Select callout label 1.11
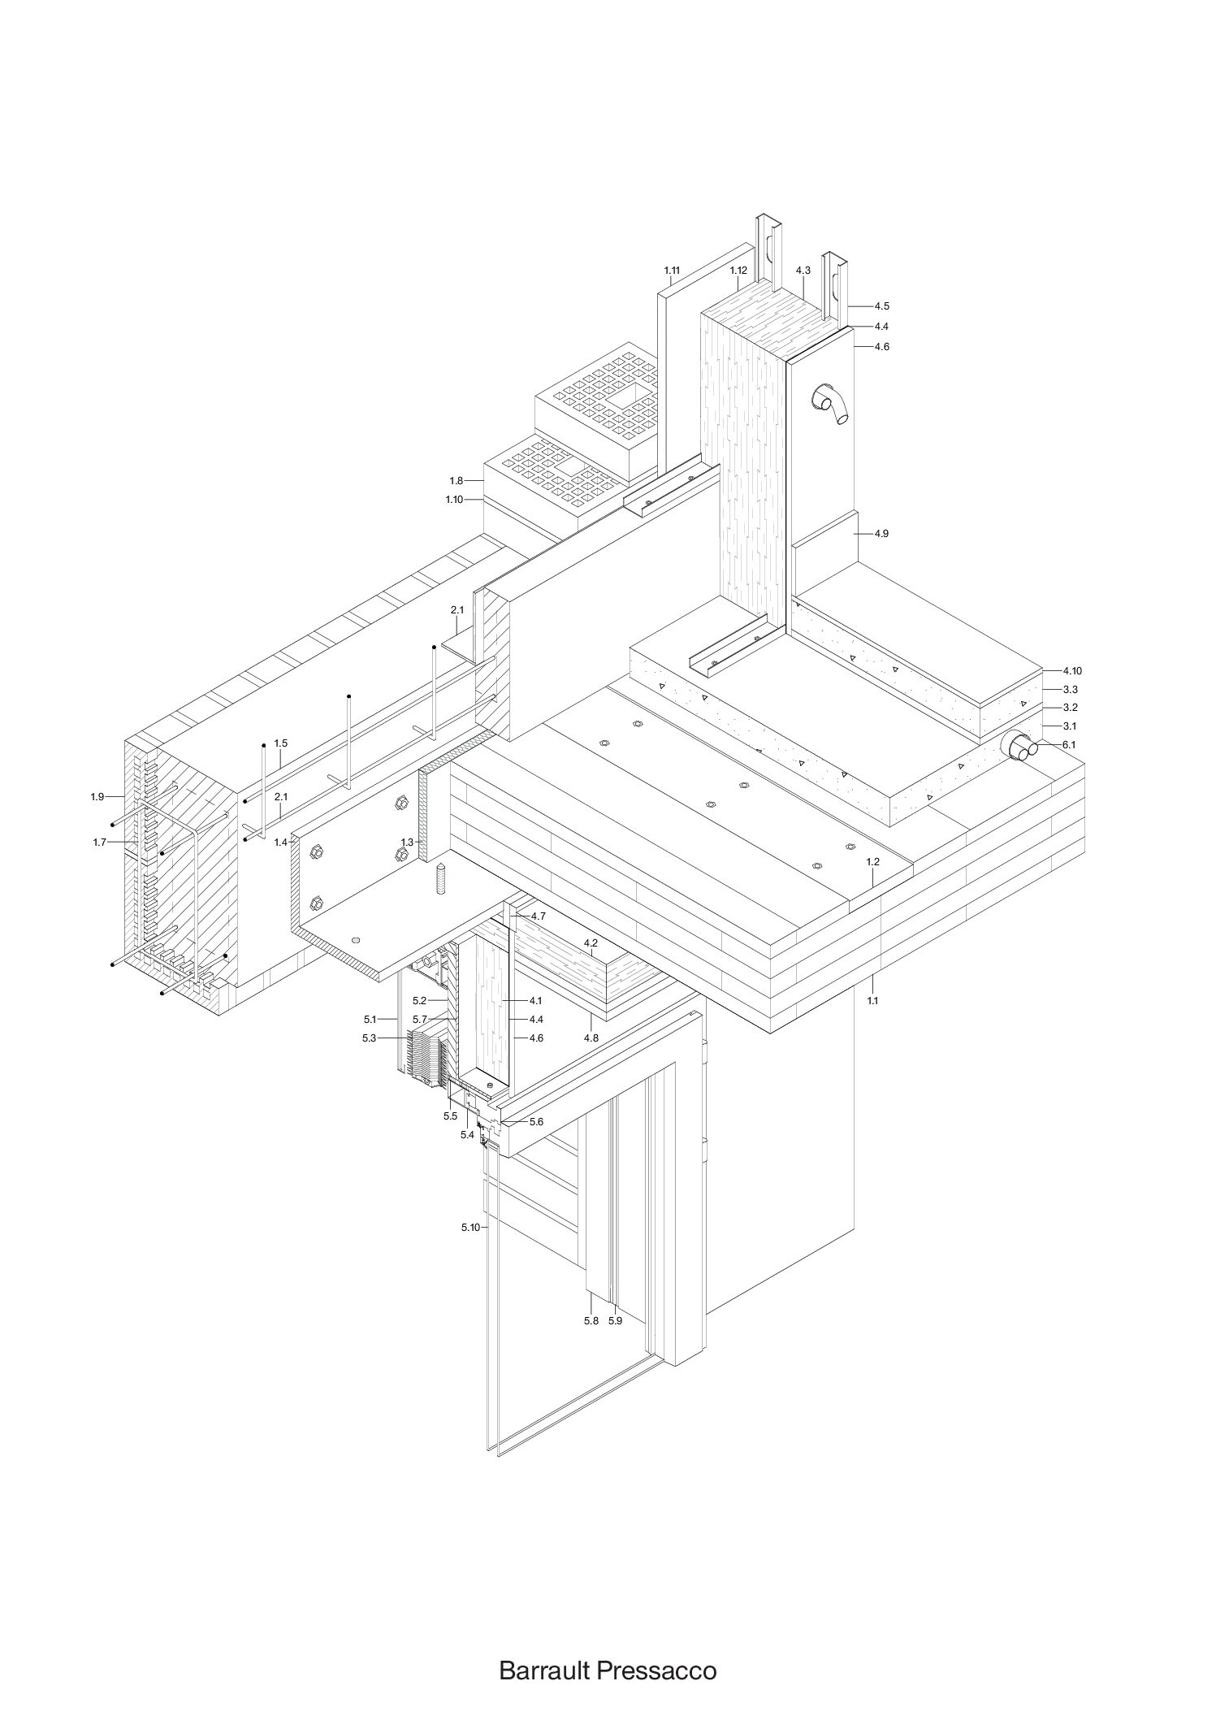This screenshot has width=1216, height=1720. click(x=671, y=270)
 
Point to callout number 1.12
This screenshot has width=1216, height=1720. click(x=738, y=270)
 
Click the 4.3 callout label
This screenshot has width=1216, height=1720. click(x=803, y=270)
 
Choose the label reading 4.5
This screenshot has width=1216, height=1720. click(x=882, y=306)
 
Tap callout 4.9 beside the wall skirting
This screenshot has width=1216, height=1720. click(x=882, y=534)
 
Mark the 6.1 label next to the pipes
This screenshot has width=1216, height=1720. click(x=1069, y=744)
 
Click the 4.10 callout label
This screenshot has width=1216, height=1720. click(x=1072, y=671)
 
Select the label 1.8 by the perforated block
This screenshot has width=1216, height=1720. click(x=456, y=481)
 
